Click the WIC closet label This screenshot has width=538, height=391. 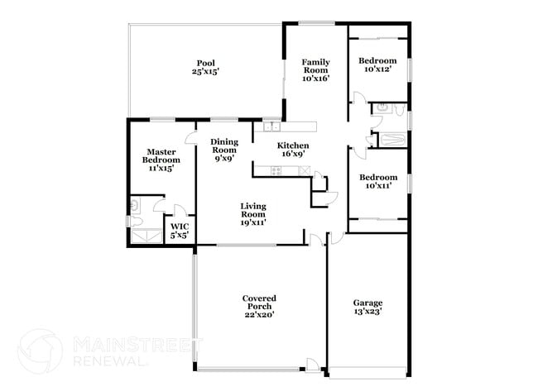[x=180, y=226]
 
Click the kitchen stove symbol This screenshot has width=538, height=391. [x=276, y=171]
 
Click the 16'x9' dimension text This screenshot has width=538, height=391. [x=293, y=154]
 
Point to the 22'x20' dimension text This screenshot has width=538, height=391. [x=258, y=314]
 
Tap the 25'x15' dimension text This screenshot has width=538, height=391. [x=206, y=73]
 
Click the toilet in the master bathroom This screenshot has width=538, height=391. [x=134, y=204]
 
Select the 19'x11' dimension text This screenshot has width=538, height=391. [x=253, y=222]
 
